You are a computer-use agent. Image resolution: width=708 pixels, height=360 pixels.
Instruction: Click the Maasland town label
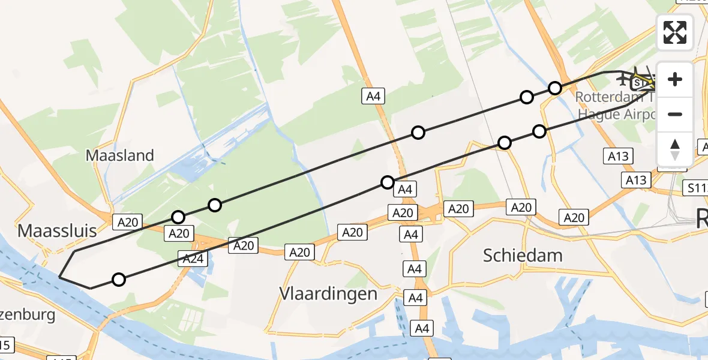pos(120,155)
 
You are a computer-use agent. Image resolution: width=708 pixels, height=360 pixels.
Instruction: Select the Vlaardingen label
pos(328,293)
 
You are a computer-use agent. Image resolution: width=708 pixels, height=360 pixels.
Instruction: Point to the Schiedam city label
pos(523,256)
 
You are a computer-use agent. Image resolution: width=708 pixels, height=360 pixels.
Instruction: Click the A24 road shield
pos(191,259)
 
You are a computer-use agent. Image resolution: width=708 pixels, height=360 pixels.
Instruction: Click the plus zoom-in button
pos(675,80)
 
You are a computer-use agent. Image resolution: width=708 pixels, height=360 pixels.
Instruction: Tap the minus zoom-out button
pos(675,115)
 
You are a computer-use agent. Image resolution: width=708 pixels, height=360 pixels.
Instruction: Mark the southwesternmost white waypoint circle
pos(119,279)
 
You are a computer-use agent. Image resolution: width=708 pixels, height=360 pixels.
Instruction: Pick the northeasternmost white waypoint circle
pos(555,88)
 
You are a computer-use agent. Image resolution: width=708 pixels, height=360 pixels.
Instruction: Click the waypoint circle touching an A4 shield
pos(388,182)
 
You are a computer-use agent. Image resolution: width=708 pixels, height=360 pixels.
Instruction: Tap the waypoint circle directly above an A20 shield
pos(178,217)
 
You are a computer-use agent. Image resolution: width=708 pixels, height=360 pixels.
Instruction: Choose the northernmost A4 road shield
pos(373,96)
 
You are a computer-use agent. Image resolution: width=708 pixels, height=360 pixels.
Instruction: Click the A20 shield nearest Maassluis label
pos(128,223)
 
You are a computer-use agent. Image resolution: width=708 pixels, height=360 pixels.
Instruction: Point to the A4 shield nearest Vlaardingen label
pos(415,298)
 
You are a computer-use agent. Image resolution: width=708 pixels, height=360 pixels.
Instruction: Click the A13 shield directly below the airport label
pos(617,157)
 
